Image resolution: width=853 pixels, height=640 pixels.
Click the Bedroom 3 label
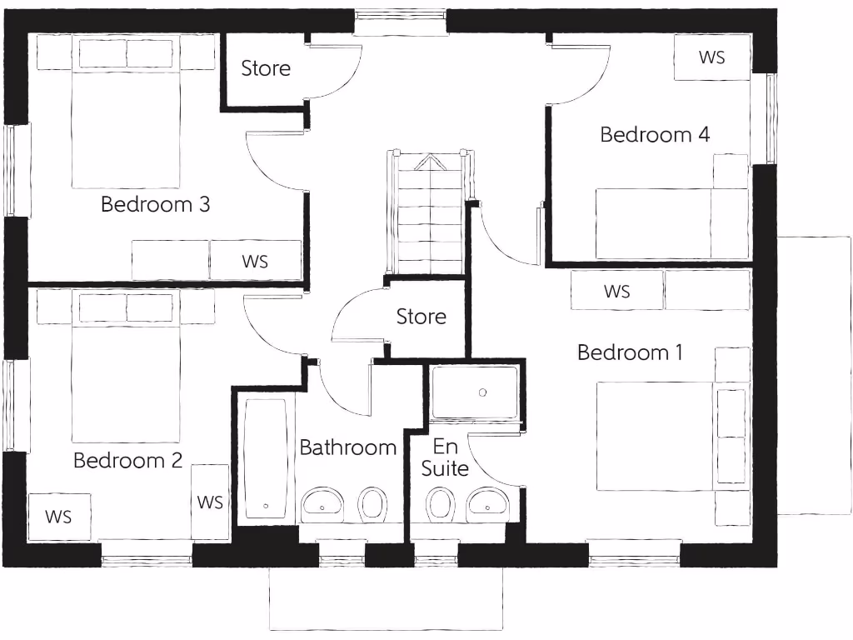tap(155, 204)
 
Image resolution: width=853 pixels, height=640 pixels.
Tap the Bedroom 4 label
tap(655, 134)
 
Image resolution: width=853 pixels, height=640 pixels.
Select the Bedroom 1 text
tap(630, 352)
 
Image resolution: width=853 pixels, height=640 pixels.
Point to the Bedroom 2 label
tap(127, 460)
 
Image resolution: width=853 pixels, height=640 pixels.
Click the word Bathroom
tap(347, 447)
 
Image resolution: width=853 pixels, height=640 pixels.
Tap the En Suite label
tap(445, 457)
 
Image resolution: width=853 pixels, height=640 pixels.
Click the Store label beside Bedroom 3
tap(266, 68)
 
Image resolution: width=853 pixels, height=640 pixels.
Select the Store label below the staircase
tap(421, 317)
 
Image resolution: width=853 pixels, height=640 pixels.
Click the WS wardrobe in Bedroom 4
tap(711, 57)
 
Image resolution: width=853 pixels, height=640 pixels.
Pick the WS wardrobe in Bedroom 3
tap(255, 261)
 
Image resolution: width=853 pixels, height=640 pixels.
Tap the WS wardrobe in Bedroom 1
tap(616, 291)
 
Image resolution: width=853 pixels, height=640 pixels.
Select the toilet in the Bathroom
tap(372, 502)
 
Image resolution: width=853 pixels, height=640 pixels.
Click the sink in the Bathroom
tap(322, 502)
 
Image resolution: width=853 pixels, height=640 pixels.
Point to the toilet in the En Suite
tap(439, 503)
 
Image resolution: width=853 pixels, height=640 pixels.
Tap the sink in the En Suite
tap(488, 502)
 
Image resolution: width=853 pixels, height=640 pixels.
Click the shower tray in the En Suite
tap(474, 392)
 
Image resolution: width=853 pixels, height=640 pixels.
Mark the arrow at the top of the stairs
tap(430, 162)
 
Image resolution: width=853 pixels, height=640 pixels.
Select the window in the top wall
tap(401, 22)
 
